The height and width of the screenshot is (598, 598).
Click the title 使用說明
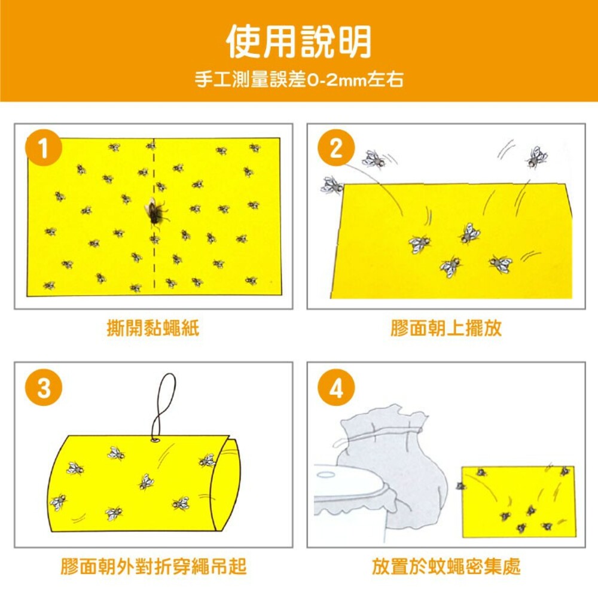(x=299, y=41)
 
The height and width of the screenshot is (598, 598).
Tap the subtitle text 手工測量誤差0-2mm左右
(x=299, y=80)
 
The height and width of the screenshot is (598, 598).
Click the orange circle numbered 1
(x=44, y=148)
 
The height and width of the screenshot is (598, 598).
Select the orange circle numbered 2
(x=336, y=148)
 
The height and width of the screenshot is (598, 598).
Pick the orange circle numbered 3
(x=44, y=388)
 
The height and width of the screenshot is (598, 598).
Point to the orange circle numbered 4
(x=336, y=388)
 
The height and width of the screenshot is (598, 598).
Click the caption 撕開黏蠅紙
(x=153, y=328)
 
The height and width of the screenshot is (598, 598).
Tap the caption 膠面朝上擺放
(x=446, y=328)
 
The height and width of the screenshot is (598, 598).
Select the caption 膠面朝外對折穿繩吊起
(x=153, y=566)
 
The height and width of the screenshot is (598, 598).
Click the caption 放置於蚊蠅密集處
(x=446, y=566)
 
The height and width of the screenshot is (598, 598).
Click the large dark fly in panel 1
(x=155, y=212)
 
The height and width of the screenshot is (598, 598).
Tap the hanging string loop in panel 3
(x=164, y=406)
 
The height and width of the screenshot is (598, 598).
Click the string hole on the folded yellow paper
(x=155, y=440)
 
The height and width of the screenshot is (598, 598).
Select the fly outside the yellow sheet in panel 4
(x=460, y=486)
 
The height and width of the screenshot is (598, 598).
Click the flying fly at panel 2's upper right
(x=536, y=157)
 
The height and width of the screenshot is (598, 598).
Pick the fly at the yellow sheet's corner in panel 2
(x=332, y=185)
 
